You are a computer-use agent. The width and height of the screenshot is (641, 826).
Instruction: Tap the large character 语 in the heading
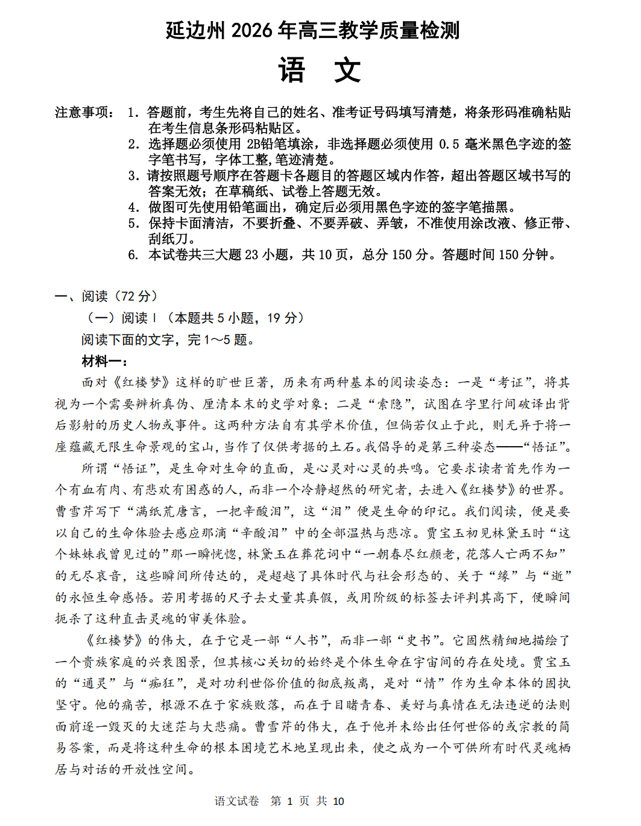(292, 71)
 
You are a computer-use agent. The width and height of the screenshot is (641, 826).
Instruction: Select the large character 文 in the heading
(347, 71)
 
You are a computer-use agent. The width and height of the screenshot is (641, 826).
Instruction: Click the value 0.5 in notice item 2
(449, 144)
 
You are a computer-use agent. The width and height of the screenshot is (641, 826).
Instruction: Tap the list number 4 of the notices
(133, 207)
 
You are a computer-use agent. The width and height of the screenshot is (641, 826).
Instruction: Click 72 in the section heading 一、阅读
(127, 296)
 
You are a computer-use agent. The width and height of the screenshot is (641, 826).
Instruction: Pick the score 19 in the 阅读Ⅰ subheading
(274, 318)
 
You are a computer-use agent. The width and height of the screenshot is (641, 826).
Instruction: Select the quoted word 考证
(510, 382)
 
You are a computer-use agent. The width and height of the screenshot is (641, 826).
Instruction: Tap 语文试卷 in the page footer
(236, 801)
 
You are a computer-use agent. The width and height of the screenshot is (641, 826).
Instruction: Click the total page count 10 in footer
(338, 801)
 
